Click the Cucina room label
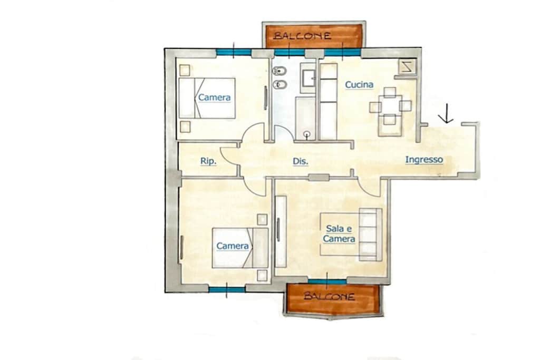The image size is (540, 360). pyautogui.click(x=359, y=85)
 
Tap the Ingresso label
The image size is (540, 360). pyautogui.click(x=424, y=160)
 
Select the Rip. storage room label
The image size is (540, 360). pyautogui.click(x=208, y=161)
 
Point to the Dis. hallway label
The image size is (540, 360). pyautogui.click(x=300, y=161)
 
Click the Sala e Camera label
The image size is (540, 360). pyautogui.click(x=339, y=233)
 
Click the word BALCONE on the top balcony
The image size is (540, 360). pyautogui.click(x=302, y=35)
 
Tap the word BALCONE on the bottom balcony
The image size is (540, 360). pyautogui.click(x=329, y=296)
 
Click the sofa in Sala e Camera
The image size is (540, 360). pyautogui.click(x=371, y=235)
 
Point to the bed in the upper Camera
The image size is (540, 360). pyautogui.click(x=207, y=99)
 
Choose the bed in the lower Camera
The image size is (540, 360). pyautogui.click(x=240, y=248)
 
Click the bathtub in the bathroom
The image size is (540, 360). pyautogui.click(x=305, y=119)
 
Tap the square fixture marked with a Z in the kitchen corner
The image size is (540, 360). pyautogui.click(x=407, y=67)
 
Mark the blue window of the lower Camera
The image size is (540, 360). pyautogui.click(x=227, y=289)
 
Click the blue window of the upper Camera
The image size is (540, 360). pyautogui.click(x=234, y=53)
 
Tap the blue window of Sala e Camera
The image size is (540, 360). pyautogui.click(x=327, y=282)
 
